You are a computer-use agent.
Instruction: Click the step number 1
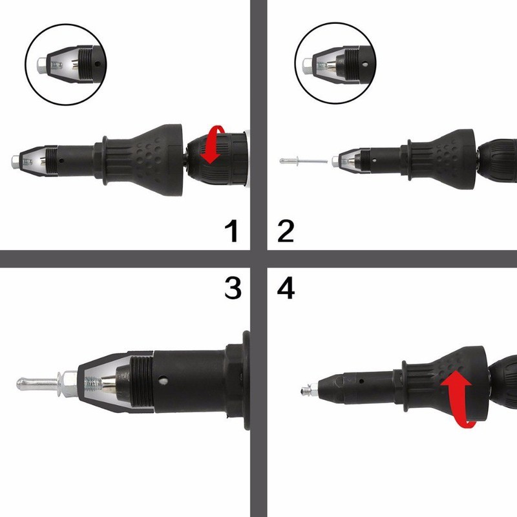[228, 231]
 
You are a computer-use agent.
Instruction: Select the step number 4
[284, 288]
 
